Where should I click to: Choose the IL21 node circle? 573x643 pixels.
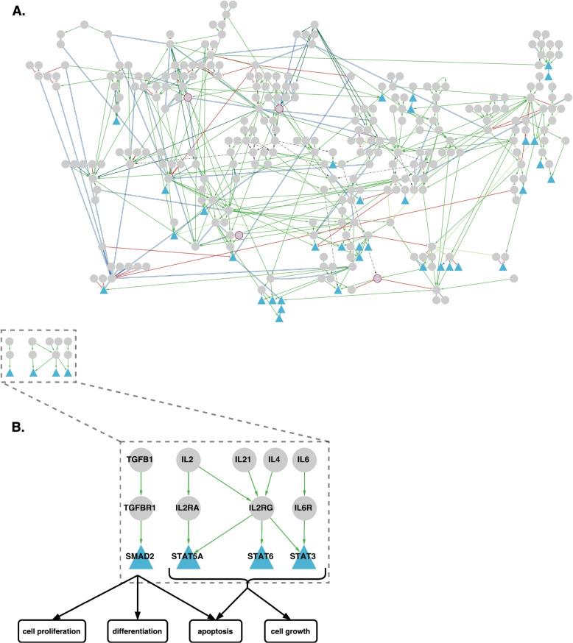click(x=243, y=461)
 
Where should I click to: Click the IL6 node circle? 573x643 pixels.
click(x=303, y=461)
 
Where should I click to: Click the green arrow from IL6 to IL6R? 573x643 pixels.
click(x=303, y=485)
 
